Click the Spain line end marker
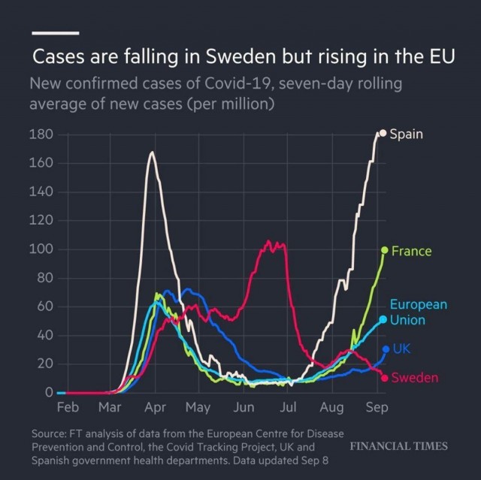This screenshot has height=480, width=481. [383, 133]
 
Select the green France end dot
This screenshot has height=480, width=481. [384, 250]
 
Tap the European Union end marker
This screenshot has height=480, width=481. [383, 319]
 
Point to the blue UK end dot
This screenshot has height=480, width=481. [386, 349]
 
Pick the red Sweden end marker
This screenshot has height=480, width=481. [384, 378]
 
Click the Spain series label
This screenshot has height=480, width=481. [406, 134]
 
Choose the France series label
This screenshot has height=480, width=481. [411, 251]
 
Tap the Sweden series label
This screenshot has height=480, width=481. [415, 378]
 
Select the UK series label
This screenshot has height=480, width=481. [401, 349]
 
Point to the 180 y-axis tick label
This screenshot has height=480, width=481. [41, 134]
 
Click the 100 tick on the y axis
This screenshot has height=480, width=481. [41, 249]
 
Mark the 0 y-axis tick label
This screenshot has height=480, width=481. [49, 392]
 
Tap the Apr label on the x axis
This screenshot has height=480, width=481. [156, 407]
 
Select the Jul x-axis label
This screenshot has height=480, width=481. [288, 407]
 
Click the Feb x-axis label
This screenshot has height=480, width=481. [68, 407]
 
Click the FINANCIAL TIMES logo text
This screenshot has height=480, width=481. [399, 446]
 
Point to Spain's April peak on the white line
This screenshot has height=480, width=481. [152, 152]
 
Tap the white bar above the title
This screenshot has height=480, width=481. [56, 33]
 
